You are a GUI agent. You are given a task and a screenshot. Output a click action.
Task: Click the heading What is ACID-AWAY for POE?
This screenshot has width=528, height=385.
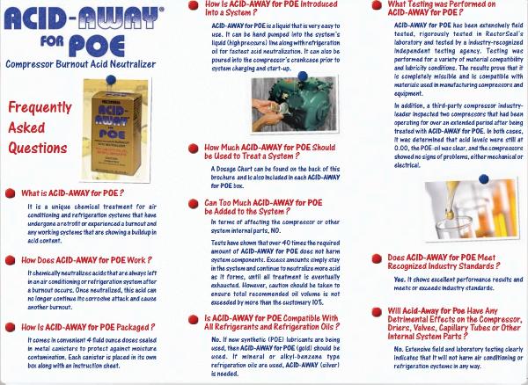coord(78,192)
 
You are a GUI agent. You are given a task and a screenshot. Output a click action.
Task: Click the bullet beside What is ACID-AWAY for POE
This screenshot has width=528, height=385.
coord(11,192)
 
